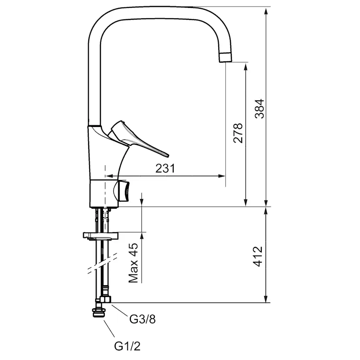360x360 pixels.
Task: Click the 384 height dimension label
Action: tap(260, 109)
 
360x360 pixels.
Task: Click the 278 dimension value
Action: tap(238, 133)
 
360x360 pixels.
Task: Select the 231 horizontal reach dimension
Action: tap(165, 168)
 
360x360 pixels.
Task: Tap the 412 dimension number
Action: tap(257, 257)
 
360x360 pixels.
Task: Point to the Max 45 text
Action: tap(133, 263)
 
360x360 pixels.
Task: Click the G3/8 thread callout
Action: tap(143, 319)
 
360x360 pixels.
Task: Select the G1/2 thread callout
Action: tap(127, 347)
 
